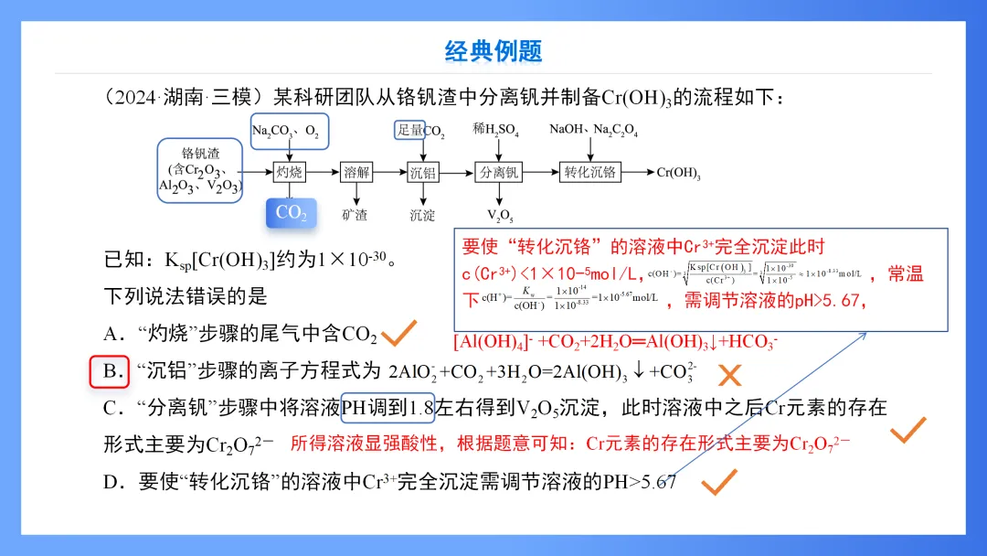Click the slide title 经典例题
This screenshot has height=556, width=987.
pos(493,50)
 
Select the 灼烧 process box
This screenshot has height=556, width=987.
pos(290,172)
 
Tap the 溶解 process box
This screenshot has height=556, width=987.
pos(356,172)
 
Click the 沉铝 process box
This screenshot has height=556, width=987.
pos(422,172)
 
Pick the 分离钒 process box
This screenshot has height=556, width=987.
pos(499,172)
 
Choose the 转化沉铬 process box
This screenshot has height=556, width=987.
pos(589,172)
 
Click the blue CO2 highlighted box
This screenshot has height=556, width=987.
pos(291,213)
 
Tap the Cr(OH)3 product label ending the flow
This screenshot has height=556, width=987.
pos(678,172)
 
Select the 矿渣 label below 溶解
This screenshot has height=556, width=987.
pos(355,216)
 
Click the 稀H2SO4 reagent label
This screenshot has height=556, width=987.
pos(495,131)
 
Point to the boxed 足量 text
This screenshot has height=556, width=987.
pos(409,130)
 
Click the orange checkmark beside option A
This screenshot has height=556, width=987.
pos(399,334)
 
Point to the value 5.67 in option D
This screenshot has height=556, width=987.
pos(658,482)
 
